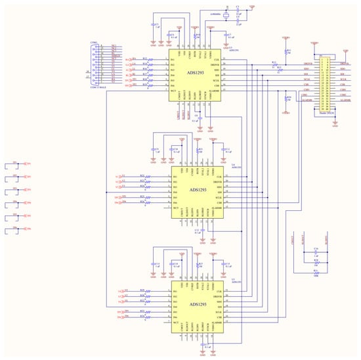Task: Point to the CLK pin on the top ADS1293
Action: click(x=217, y=59)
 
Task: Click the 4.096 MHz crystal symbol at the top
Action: click(x=224, y=12)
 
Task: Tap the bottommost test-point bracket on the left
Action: click(x=9, y=231)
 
